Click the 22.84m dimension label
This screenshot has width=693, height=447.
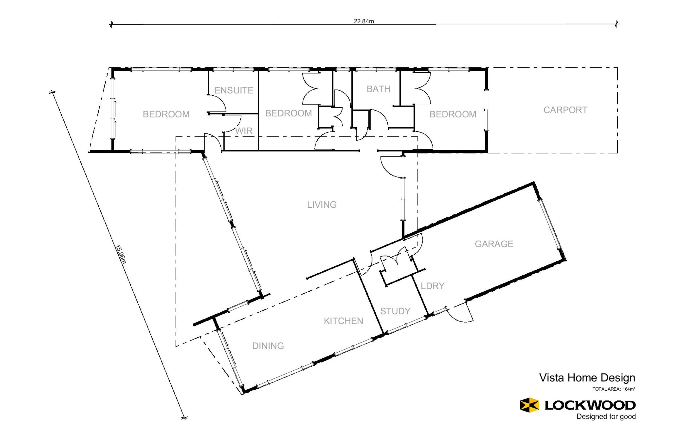pos(364,21)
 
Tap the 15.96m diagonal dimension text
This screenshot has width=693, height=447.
pos(121,254)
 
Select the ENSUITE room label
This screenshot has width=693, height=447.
pos(234,90)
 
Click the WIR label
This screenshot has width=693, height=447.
pos(244,131)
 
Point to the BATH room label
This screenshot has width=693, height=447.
pos(379,89)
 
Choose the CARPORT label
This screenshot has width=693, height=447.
pos(565,110)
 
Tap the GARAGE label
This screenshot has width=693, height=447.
pos(494,244)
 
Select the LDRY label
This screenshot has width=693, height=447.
pos(432,286)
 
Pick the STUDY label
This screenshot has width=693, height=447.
pos(395,311)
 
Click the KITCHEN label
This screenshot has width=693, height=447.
pos(343,321)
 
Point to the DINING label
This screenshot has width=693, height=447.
pos(268,346)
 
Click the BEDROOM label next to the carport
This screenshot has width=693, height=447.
pos(453,114)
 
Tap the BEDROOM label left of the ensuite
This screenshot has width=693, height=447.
pos(166,114)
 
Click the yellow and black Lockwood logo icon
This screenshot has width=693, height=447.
pos(529,405)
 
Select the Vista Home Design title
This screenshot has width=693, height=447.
pos(587,378)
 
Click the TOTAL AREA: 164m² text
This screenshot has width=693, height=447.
pos(614,389)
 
